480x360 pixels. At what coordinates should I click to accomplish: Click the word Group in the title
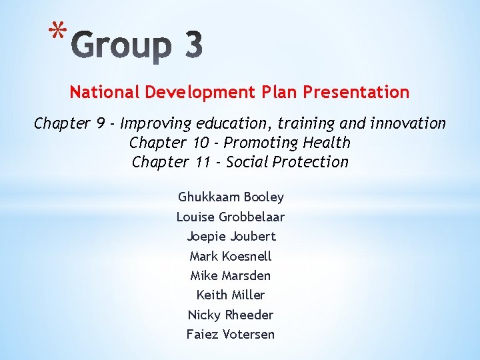click(119, 46)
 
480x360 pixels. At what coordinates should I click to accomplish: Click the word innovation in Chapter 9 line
click(407, 123)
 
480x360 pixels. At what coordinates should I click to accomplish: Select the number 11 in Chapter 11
click(199, 162)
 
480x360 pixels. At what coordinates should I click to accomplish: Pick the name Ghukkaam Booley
click(231, 197)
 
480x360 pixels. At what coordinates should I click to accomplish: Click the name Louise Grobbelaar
click(231, 217)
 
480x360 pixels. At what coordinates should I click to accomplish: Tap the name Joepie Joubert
click(231, 237)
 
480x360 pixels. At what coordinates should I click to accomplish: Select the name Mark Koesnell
click(231, 256)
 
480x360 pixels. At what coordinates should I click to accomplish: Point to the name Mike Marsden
click(231, 275)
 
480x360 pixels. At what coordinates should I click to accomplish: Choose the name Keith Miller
click(231, 295)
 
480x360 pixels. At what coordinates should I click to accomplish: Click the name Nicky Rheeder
click(231, 315)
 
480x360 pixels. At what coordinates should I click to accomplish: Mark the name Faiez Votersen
click(231, 334)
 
